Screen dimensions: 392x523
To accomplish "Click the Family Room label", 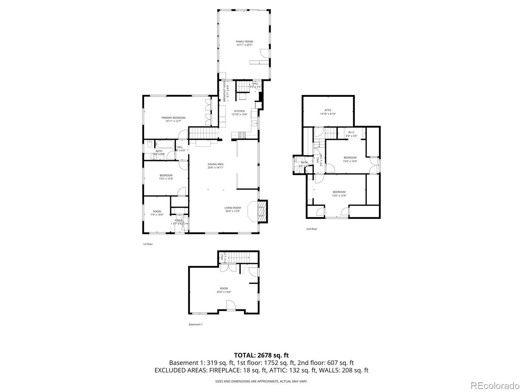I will (x=245, y=42).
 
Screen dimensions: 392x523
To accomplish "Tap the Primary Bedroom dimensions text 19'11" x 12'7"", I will (x=173, y=121).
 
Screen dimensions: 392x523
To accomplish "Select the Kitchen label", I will (x=239, y=111).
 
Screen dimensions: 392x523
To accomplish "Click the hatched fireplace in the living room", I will (x=262, y=212).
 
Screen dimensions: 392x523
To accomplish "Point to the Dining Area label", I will (x=215, y=164).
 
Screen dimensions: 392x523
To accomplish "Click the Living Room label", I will (x=232, y=208).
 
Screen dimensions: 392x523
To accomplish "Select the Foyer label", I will (x=178, y=220).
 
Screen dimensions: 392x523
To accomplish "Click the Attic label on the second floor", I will (x=328, y=110).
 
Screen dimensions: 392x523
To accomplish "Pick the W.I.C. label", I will (x=351, y=132).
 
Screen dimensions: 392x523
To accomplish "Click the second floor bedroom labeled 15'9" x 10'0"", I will (x=350, y=159).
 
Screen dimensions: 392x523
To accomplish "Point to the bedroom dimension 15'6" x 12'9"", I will (x=339, y=196).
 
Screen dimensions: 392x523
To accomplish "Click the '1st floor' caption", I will (x=148, y=244).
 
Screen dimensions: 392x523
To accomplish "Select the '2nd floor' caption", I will (x=312, y=229).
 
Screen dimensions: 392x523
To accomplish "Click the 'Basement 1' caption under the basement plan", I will (x=195, y=324).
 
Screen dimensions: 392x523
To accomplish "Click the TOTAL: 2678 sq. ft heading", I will (x=261, y=355).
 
